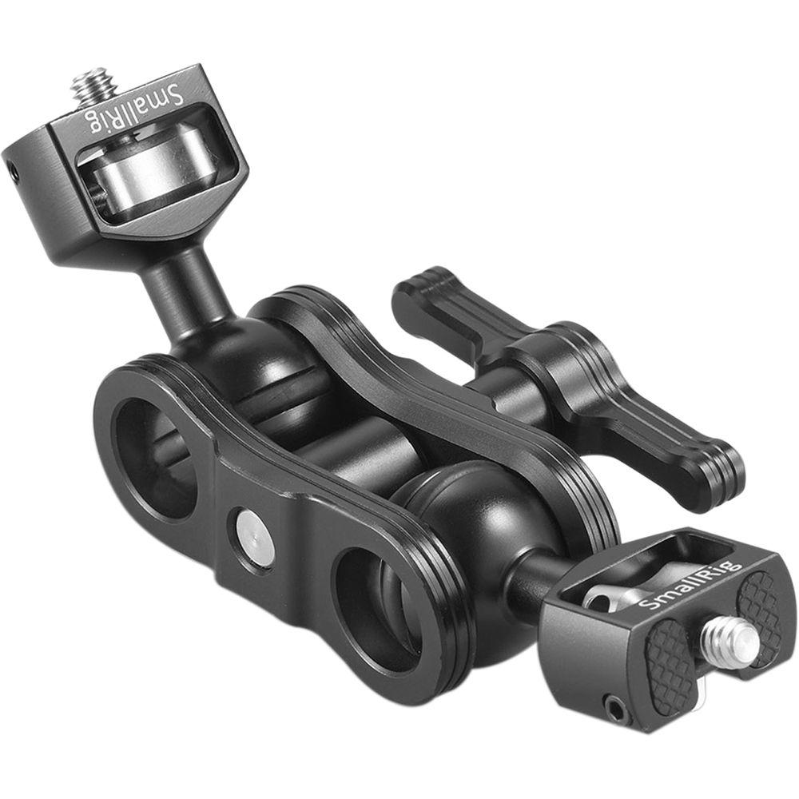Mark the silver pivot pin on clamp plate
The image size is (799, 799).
(255, 535)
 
